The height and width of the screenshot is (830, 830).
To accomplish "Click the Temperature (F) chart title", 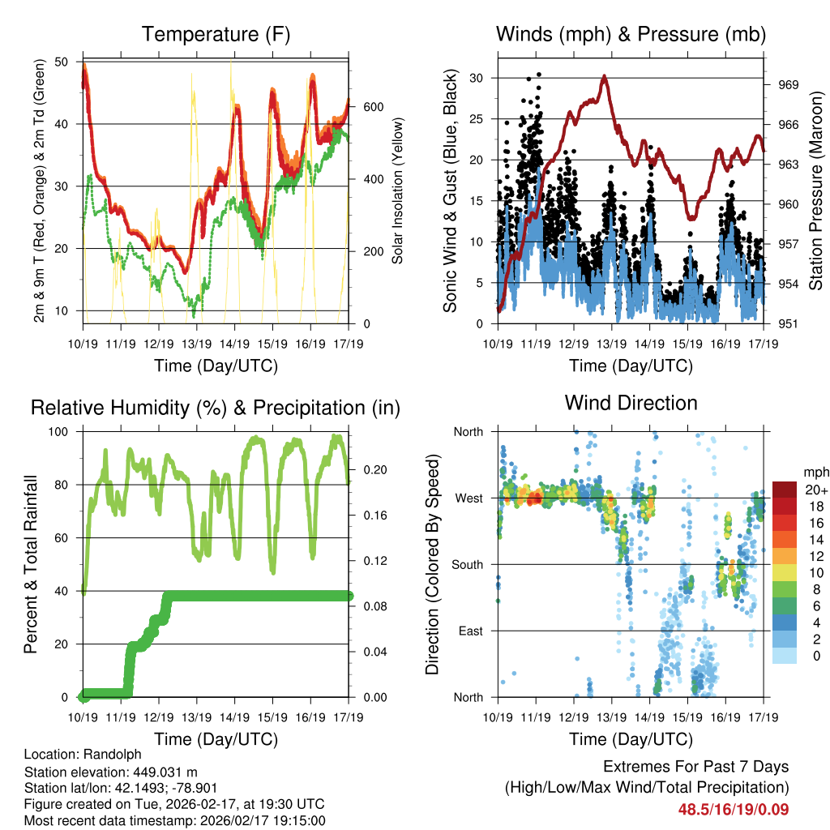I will (x=215, y=34).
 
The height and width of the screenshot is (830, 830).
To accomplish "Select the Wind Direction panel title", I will (x=631, y=402).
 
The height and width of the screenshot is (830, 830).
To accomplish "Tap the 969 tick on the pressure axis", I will (x=789, y=84).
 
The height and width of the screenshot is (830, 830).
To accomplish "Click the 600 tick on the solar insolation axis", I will (x=373, y=107).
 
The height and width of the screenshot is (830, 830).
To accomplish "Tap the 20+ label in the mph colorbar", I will (x=815, y=490).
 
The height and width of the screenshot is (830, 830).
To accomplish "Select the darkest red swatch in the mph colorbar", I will (x=784, y=490).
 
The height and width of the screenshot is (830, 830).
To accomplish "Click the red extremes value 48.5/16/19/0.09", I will (x=734, y=809).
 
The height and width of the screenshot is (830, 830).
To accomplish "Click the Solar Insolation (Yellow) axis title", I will (x=398, y=190).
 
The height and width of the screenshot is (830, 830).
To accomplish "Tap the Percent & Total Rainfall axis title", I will (x=31, y=564).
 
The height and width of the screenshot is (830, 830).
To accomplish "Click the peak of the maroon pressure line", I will (x=604, y=75).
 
